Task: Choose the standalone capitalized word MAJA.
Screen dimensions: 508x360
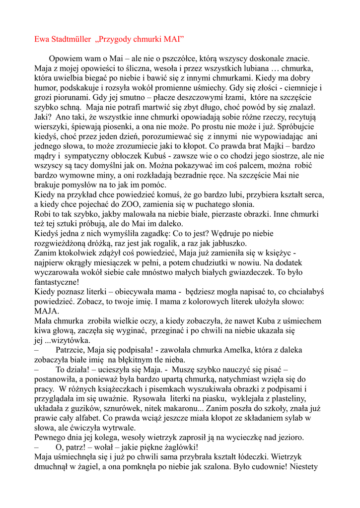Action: (47, 311)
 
